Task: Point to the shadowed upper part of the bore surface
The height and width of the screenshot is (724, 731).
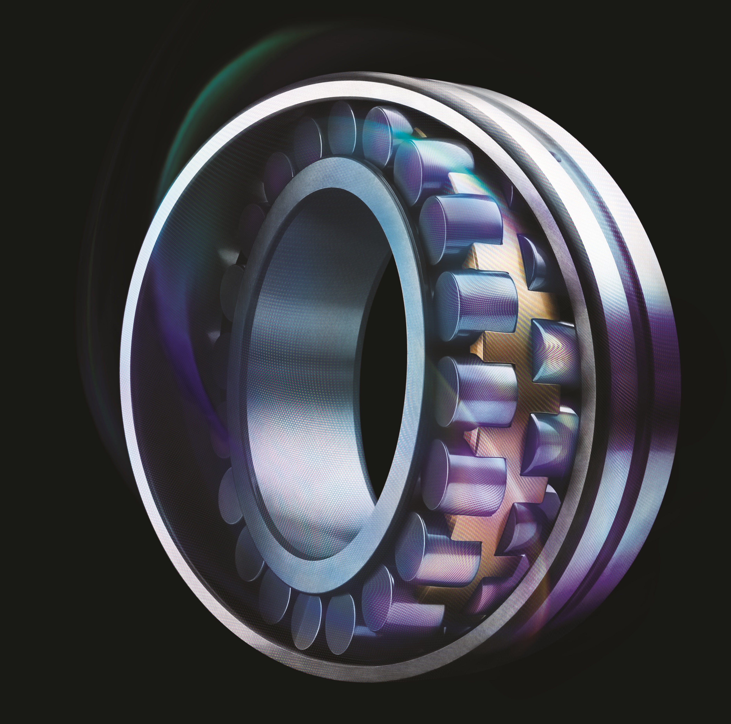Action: click(x=303, y=235)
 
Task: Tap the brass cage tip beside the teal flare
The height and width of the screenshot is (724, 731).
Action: click(x=420, y=133)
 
